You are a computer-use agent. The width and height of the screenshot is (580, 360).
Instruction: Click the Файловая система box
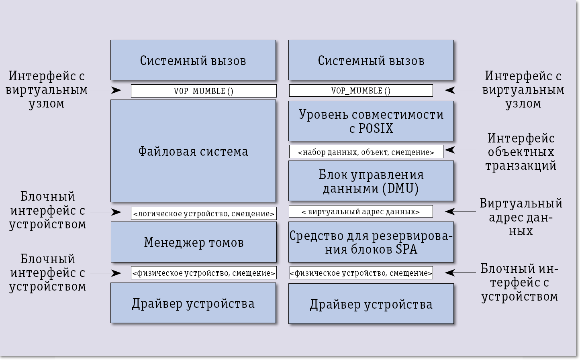tap(193, 151)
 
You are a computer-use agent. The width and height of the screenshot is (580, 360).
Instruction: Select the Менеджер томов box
tap(194, 242)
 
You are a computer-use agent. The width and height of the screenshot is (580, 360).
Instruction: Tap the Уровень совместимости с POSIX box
tap(371, 121)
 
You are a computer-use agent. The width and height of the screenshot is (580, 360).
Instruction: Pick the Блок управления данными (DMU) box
tap(371, 181)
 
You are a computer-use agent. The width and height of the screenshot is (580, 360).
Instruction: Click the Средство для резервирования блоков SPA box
tap(371, 242)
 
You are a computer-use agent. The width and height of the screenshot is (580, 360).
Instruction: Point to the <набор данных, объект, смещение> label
tap(366, 152)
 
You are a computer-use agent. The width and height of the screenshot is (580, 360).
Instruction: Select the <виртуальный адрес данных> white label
tap(361, 212)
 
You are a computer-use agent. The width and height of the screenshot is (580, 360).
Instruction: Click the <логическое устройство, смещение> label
tap(204, 214)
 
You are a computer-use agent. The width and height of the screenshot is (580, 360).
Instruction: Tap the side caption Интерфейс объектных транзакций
tap(521, 152)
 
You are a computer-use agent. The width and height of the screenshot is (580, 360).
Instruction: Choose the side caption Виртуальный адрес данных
tap(521, 217)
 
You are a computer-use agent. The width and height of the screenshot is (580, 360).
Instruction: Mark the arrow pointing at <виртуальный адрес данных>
tap(460, 212)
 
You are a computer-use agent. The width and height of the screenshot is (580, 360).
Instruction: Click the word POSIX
tap(376, 128)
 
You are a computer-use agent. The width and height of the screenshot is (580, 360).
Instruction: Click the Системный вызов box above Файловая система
tap(193, 60)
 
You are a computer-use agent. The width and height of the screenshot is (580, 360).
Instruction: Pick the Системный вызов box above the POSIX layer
tap(371, 60)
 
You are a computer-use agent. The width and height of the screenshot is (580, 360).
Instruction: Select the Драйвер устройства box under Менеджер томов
tap(193, 303)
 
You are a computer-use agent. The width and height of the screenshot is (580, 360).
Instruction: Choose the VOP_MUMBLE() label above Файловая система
tap(204, 91)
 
